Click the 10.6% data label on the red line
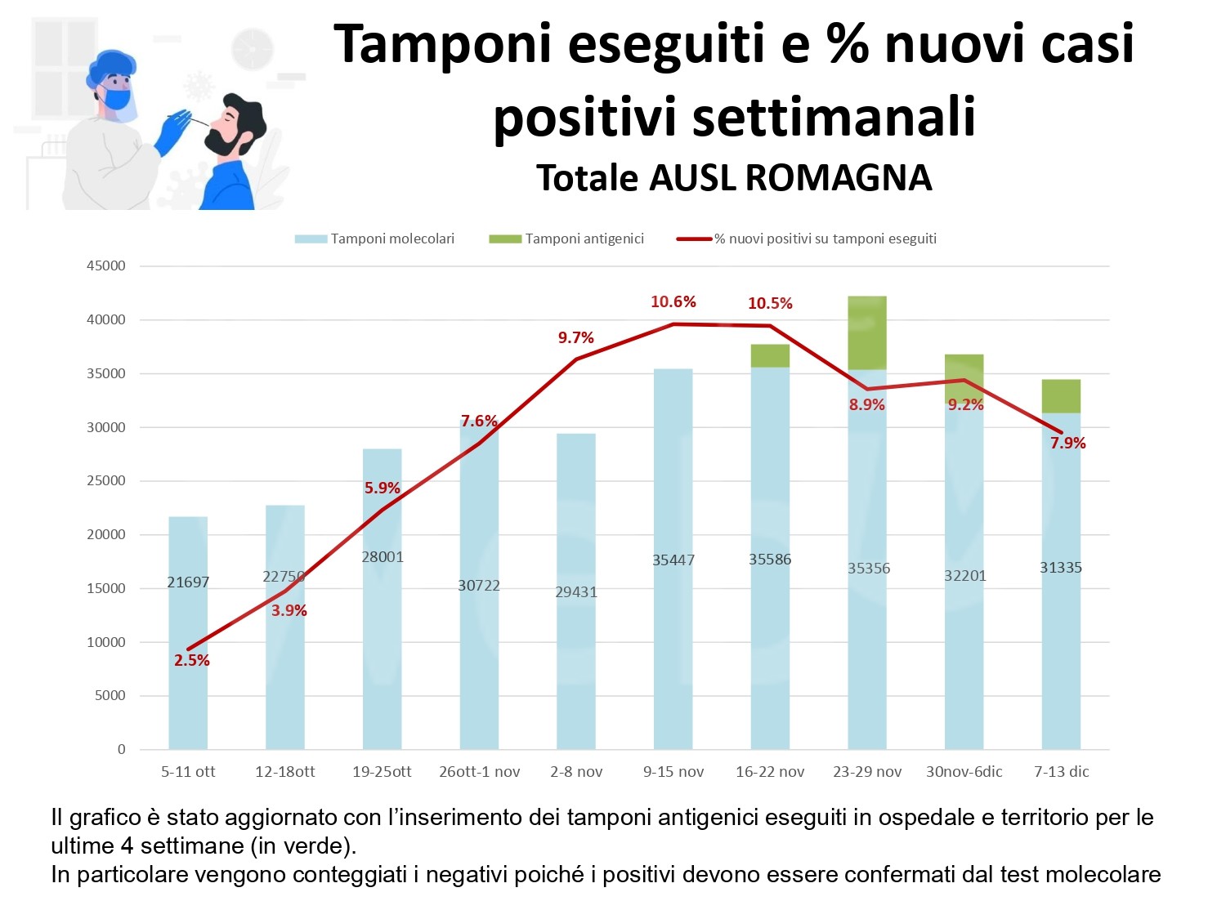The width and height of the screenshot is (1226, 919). (x=673, y=302)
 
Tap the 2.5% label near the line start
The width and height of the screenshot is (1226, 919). (x=192, y=660)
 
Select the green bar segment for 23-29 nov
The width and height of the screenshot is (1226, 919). (x=866, y=332)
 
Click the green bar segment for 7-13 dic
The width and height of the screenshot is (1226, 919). (x=1061, y=396)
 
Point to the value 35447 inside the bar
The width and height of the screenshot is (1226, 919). (x=673, y=560)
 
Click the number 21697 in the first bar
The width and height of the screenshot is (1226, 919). (x=188, y=582)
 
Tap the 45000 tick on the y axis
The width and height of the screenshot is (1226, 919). (x=106, y=265)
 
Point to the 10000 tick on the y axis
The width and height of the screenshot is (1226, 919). (x=106, y=642)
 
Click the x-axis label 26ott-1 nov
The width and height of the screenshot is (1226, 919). (x=479, y=772)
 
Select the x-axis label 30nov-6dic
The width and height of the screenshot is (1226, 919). (x=964, y=772)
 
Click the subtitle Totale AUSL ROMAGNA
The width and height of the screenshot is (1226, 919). (x=733, y=178)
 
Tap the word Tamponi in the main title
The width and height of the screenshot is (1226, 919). (x=442, y=44)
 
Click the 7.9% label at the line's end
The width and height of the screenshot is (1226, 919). (x=1067, y=443)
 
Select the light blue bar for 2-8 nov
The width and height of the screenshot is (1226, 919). (x=576, y=654)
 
